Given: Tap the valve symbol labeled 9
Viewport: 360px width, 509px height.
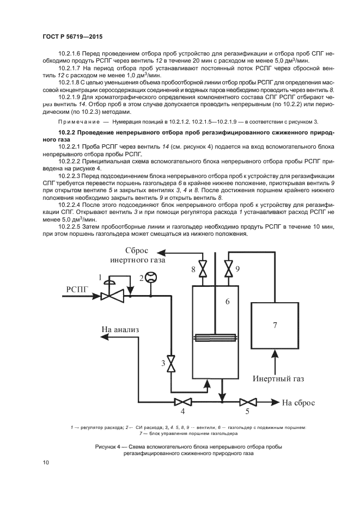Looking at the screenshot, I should pyautogui.click(x=228, y=269).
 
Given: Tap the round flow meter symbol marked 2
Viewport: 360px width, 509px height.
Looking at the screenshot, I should pyautogui.click(x=151, y=278).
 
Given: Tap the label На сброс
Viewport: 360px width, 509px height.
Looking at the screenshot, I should pyautogui.click(x=297, y=403).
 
